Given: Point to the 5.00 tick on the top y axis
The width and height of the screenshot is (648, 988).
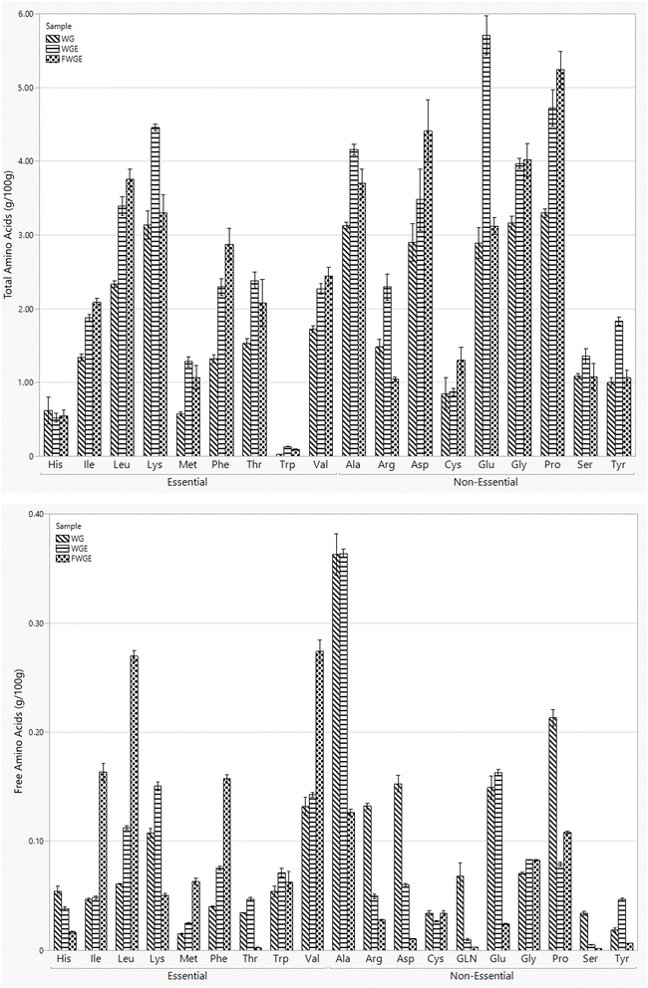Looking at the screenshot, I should coord(22,88).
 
